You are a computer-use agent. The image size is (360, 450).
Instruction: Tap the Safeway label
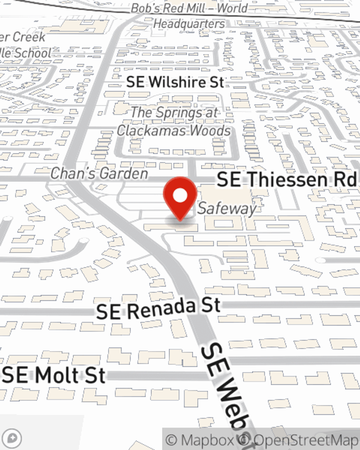[227, 208]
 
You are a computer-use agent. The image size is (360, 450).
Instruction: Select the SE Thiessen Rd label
[286, 180]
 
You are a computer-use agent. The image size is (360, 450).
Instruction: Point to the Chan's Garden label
[99, 174]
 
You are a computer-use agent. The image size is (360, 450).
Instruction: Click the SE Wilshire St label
[175, 82]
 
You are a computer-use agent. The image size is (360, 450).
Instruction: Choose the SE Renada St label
[158, 309]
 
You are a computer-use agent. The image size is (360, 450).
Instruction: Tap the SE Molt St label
[54, 375]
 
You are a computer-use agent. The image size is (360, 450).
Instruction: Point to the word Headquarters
[189, 24]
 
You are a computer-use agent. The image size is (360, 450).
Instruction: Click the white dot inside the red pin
[180, 195]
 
